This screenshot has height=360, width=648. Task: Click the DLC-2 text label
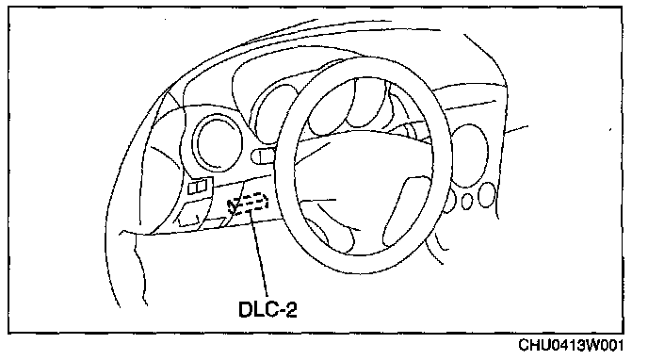(267, 309)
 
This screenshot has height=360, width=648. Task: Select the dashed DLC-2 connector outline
(248, 204)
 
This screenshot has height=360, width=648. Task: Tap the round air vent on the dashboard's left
(217, 141)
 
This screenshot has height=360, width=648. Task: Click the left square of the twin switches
(192, 188)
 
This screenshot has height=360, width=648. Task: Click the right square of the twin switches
(202, 187)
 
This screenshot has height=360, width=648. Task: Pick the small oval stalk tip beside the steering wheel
(264, 156)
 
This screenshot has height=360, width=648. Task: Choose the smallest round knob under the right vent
(466, 202)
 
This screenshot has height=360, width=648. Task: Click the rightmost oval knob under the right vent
(487, 195)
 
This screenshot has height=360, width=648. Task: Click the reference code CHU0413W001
(571, 345)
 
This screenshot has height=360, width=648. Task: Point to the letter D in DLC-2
(247, 309)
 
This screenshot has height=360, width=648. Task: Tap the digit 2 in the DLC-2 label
(291, 309)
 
